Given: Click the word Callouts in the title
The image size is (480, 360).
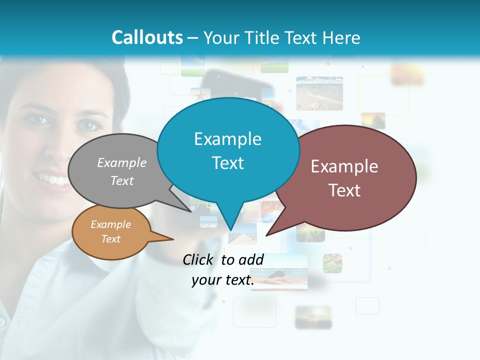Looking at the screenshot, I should point(147,37).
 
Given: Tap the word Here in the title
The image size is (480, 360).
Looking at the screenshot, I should point(342,37).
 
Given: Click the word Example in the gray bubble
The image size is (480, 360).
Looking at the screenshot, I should point(122,162).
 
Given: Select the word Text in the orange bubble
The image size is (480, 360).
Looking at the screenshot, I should point(111,239).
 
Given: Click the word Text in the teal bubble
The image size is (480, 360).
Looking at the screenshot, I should point(228,163).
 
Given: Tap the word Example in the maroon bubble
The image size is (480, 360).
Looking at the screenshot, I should point(344,166).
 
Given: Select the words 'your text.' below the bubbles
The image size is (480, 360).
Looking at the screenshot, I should point(223,280).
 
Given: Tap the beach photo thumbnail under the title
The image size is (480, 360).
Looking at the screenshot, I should point(319,93).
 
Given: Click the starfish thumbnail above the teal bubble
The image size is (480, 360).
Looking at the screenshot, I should point(200,94).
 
